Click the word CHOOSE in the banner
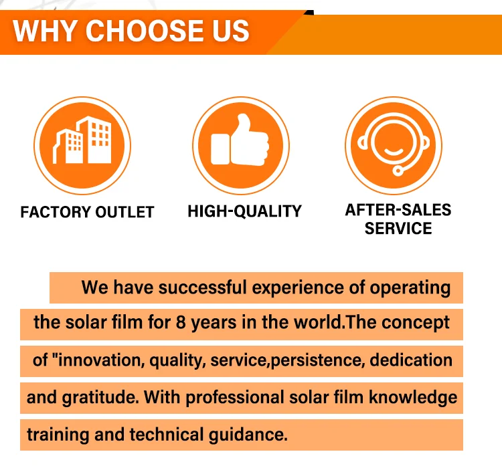coord(145,31)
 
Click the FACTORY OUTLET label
coord(88,212)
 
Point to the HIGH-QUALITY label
coord(244,211)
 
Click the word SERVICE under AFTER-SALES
coord(398,229)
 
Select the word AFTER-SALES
coord(398,210)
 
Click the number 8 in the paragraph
coord(181,322)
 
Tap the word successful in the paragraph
coord(202,287)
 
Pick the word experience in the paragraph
coord(298,287)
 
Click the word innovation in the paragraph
coord(100,360)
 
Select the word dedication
coord(411,360)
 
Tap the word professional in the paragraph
coord(235,398)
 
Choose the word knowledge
coord(413,398)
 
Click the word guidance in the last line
coord(248,435)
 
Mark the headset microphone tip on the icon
coord(398,171)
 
